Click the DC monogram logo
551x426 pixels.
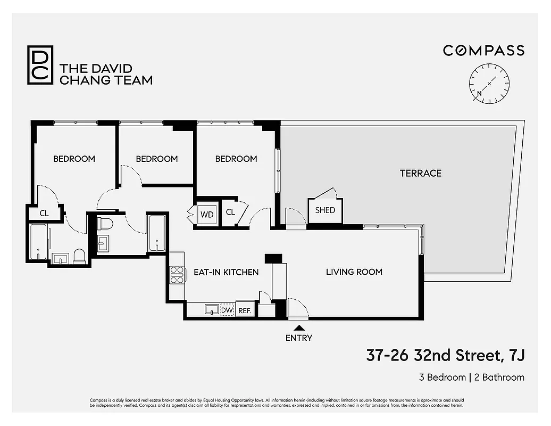pos(40,65)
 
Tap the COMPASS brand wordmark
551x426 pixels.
pos(483,51)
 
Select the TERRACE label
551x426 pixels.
pos(421,173)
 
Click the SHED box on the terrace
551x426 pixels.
pos(325,210)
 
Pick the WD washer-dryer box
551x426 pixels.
pos(207,214)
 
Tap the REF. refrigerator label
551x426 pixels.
pos(245,310)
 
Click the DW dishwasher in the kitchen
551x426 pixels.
pos(227,310)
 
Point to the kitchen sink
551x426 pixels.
pos(211,309)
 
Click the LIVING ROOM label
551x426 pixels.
pos(354,272)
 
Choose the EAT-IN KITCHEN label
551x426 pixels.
pos(226,272)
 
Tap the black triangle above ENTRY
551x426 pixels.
pos(299,328)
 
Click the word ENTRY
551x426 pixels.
pos(299,338)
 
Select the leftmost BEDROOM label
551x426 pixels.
pos(74,159)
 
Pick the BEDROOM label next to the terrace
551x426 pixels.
pos(236,159)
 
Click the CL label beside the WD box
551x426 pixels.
pos(230,212)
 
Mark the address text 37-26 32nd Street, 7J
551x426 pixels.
pos(445,355)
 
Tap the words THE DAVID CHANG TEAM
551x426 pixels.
pos(106,75)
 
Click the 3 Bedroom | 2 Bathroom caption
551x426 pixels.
pos(471,378)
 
